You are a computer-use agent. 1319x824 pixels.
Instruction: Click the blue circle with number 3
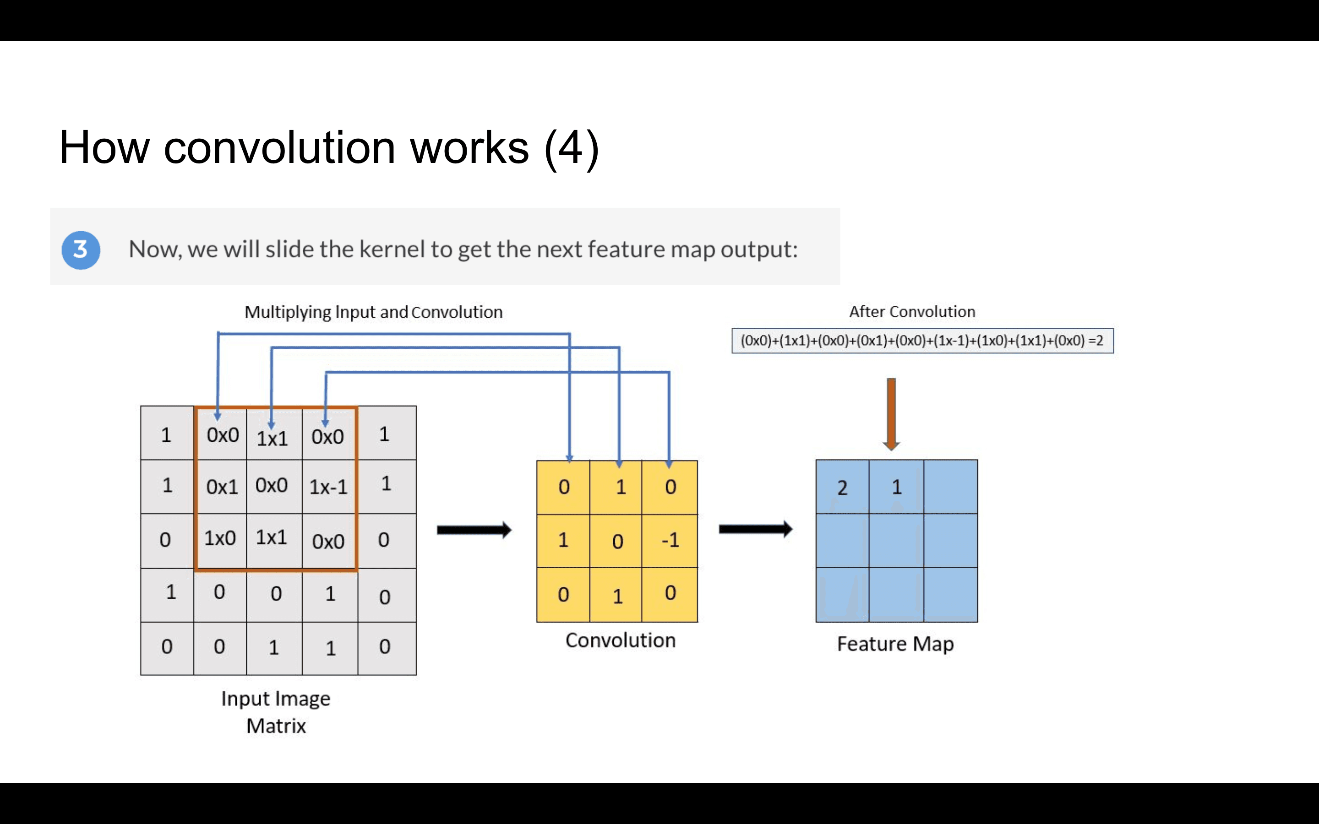(81, 250)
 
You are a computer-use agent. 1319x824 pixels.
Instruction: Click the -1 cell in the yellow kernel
(670, 540)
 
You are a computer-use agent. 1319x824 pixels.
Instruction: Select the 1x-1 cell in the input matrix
(329, 487)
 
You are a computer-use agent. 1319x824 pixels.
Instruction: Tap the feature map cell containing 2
(842, 487)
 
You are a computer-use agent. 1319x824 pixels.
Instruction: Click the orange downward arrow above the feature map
(891, 414)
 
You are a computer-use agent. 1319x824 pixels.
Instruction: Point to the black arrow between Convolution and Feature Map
(755, 529)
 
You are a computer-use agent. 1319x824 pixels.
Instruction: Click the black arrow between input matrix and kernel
(474, 530)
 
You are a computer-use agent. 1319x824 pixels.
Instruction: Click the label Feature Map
(895, 644)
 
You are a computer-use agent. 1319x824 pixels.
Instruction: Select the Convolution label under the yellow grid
(620, 640)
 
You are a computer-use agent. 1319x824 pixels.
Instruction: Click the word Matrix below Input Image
(276, 726)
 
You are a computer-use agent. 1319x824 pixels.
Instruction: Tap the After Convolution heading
(912, 312)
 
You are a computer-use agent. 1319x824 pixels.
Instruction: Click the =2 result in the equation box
(1096, 341)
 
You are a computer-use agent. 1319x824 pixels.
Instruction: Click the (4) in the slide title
(571, 148)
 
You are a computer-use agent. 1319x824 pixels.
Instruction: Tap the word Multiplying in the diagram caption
(287, 312)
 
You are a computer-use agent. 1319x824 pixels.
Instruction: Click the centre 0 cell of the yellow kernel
(617, 541)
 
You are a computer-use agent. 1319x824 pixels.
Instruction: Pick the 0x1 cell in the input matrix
(222, 487)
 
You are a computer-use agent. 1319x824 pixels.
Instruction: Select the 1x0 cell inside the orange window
(220, 538)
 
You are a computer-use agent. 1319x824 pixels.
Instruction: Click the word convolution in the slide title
(279, 148)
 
